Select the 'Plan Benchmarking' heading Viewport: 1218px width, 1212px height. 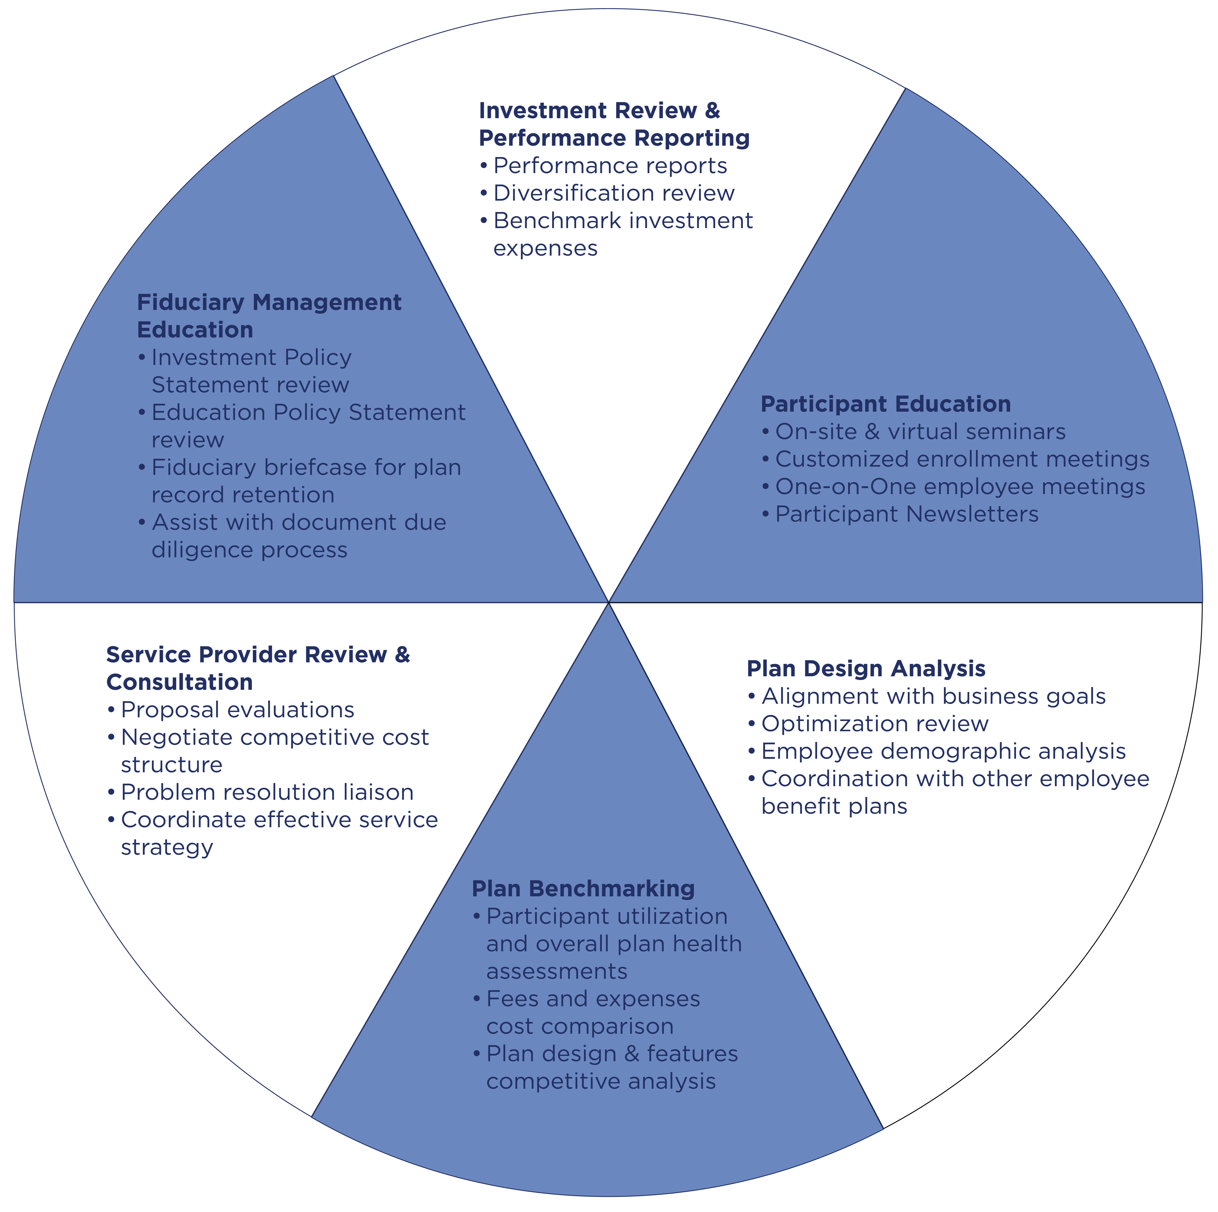tap(583, 889)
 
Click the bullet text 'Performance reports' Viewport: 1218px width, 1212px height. tap(610, 166)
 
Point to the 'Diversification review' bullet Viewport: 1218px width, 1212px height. tap(614, 193)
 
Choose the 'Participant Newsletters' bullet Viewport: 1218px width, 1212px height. tap(907, 514)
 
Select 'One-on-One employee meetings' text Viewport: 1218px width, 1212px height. tap(960, 487)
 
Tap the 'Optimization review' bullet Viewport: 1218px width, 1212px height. tap(875, 724)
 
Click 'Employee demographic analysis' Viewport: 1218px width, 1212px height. tap(944, 751)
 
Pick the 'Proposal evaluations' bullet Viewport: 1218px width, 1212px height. tap(238, 710)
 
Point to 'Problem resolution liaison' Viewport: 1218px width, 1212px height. tap(267, 792)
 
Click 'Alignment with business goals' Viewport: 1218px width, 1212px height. tap(934, 696)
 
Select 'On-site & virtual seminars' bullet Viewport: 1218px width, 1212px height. tap(920, 432)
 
